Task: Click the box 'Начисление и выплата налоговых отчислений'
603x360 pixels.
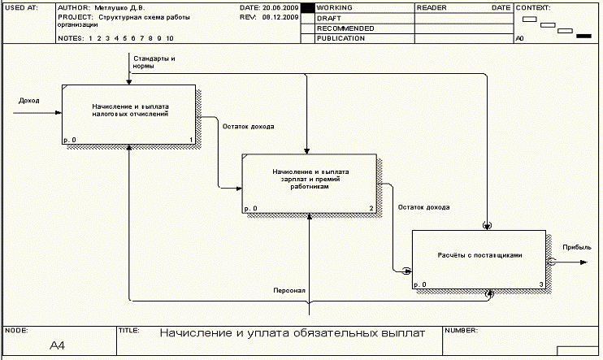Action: pos(129,114)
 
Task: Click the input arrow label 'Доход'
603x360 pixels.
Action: pos(29,101)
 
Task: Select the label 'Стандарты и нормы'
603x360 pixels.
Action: pos(154,62)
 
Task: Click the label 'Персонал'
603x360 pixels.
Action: pos(290,290)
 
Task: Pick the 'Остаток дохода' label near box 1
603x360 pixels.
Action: pos(248,127)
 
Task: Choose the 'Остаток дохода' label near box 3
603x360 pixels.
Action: pos(423,207)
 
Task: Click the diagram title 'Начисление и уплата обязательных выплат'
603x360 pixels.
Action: pos(292,333)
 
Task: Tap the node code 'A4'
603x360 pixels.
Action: pos(58,346)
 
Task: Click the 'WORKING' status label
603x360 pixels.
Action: pos(334,7)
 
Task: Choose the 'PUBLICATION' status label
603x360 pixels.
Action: pos(341,38)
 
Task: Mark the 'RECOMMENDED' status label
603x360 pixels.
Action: pos(345,28)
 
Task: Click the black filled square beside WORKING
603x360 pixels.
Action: pos(307,7)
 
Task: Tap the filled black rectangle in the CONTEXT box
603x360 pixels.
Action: pos(583,36)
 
